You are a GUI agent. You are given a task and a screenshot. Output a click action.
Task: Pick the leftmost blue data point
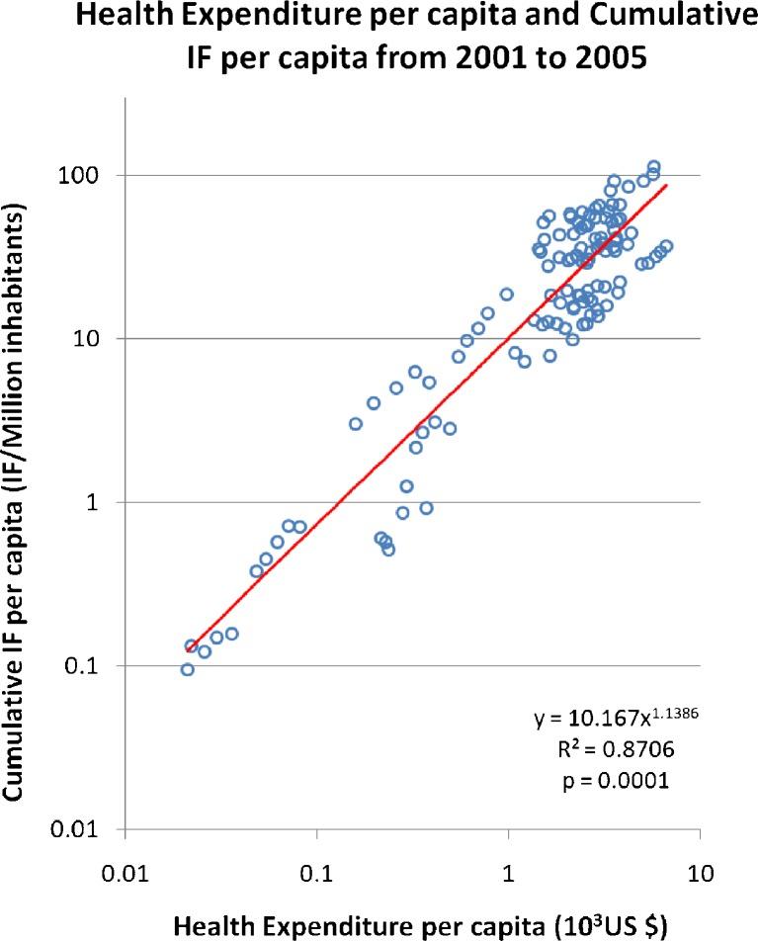[x=187, y=670]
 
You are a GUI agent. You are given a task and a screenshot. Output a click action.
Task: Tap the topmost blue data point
[x=653, y=167]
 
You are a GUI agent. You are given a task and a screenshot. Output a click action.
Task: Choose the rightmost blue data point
[x=665, y=246]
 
